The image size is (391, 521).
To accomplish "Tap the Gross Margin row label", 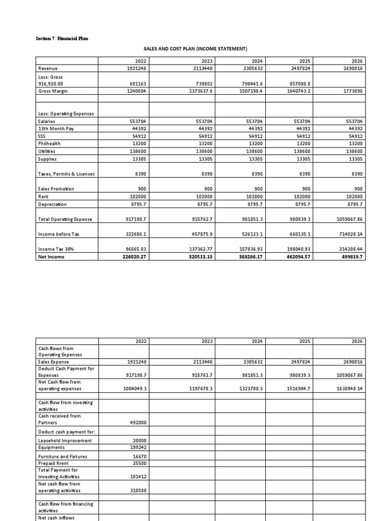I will point(53,91).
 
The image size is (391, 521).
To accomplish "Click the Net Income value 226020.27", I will point(133,257).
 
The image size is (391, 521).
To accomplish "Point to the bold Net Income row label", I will point(50,257).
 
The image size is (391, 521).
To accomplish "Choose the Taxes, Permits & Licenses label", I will point(66,174).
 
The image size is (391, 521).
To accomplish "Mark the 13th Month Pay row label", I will point(56,129).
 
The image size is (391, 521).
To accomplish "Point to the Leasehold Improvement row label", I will point(65,441).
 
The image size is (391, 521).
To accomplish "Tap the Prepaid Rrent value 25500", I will point(139,463).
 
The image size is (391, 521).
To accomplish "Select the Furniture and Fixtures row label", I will point(63,456).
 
